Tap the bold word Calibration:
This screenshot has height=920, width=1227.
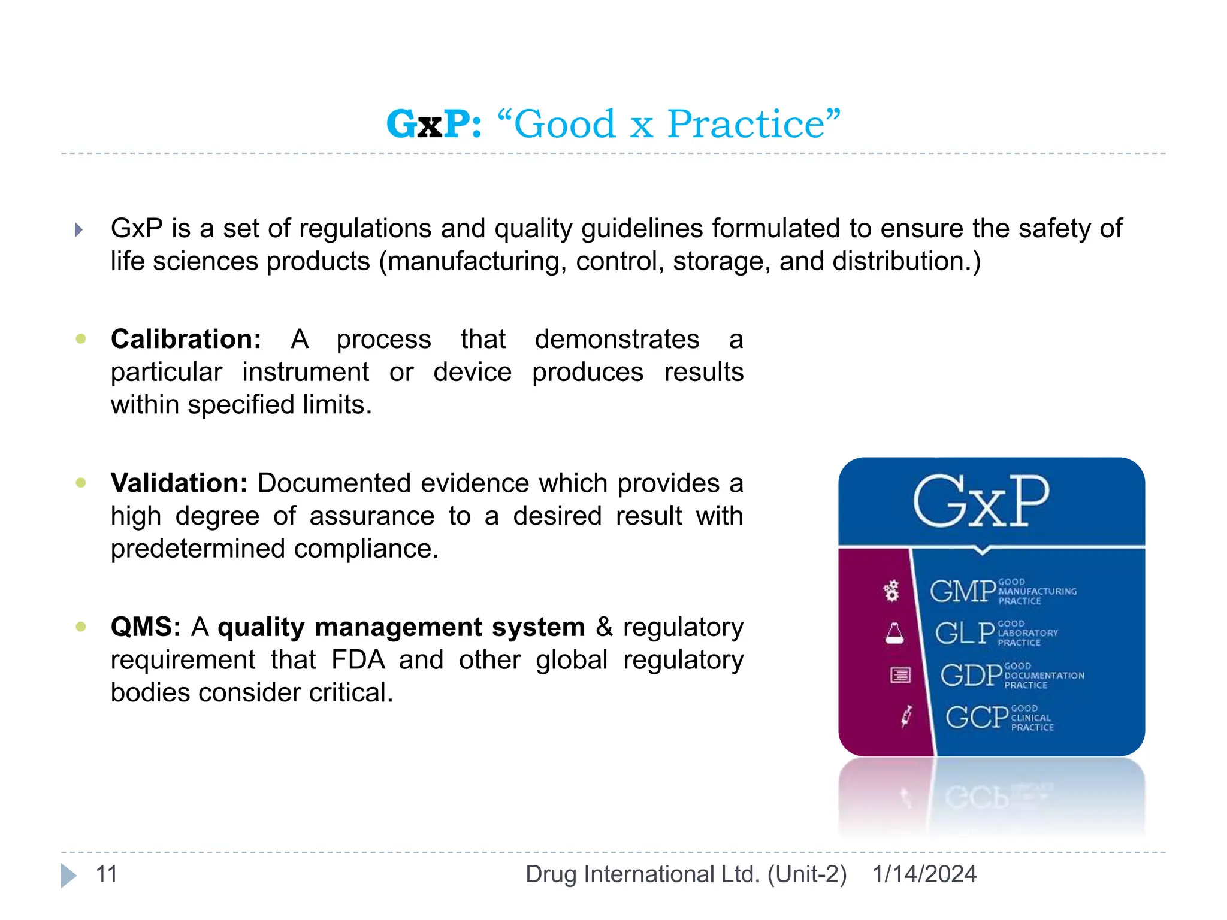[186, 339]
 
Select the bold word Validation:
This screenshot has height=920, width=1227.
[179, 483]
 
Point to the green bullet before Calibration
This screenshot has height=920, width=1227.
[81, 339]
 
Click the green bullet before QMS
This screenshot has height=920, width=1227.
[81, 627]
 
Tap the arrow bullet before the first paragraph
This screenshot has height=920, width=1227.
[78, 230]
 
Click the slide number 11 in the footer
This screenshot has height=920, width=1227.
[107, 874]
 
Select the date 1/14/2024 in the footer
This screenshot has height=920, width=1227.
[924, 874]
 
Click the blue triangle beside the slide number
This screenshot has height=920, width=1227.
[68, 876]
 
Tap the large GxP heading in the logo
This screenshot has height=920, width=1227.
[981, 502]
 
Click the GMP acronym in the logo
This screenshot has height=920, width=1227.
[962, 591]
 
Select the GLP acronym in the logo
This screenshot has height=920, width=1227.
[965, 633]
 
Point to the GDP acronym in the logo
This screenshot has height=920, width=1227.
[971, 676]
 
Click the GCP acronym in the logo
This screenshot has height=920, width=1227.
[977, 718]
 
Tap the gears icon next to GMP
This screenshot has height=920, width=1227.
[891, 591]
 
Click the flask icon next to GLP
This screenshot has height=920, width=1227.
[894, 633]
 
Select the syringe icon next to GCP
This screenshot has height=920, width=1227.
[906, 716]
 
